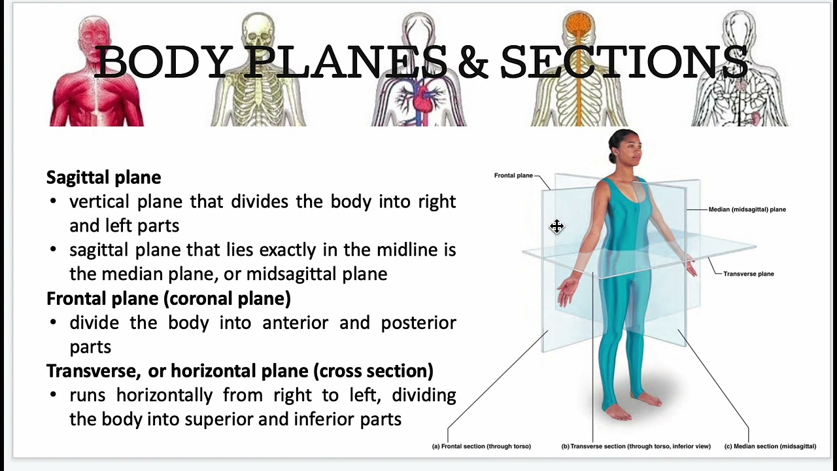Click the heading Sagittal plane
[x=103, y=177]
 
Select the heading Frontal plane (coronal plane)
[x=168, y=298]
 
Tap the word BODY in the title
[x=163, y=62]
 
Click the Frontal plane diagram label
[x=513, y=175]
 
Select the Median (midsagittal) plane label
[x=747, y=209]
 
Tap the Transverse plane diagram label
[x=748, y=273]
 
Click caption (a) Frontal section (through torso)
[x=481, y=446]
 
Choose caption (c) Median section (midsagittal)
[x=770, y=446]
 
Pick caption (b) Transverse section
[x=636, y=446]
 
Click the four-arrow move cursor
[x=556, y=226]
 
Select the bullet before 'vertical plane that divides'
[x=53, y=201]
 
